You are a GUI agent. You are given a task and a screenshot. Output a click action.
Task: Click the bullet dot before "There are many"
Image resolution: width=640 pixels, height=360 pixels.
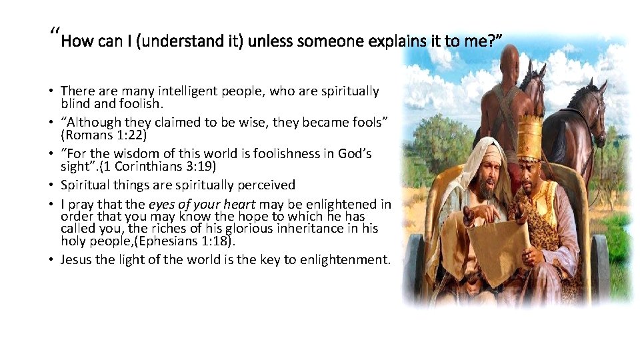pos(51,91)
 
